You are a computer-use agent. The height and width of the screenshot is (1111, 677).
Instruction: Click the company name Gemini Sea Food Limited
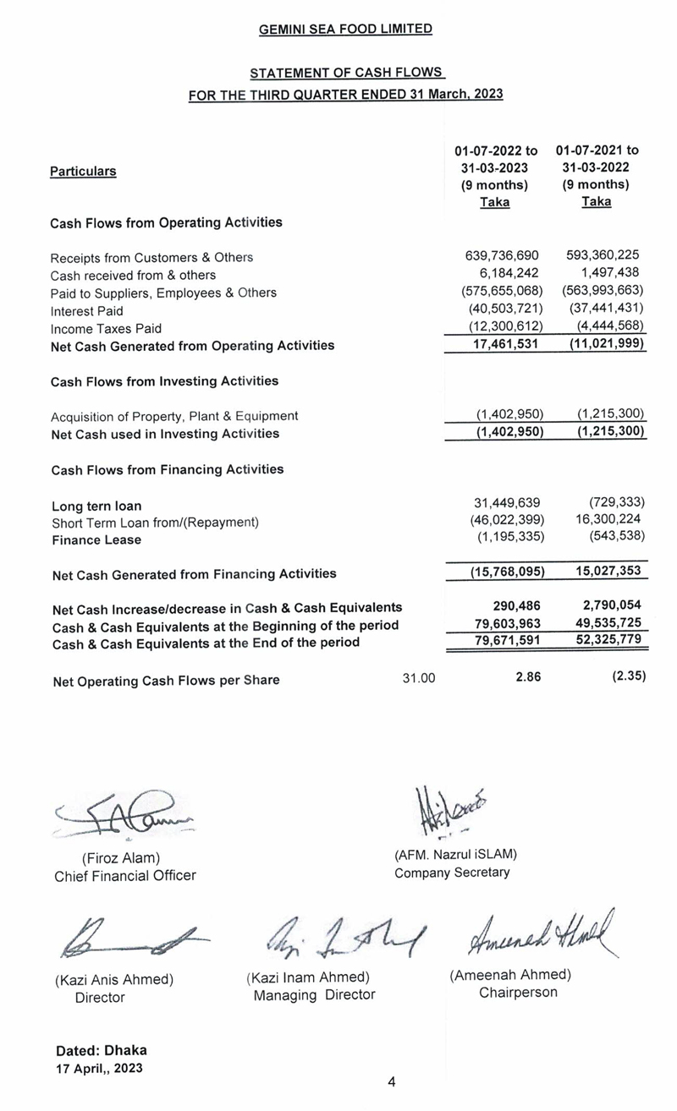point(345,29)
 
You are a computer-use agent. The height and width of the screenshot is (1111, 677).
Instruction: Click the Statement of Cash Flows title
point(347,74)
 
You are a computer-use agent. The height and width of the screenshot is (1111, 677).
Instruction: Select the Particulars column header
point(83,171)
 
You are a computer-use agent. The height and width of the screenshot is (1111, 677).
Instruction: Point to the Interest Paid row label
point(86,310)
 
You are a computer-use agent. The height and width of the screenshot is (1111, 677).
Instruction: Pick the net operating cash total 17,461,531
point(504,345)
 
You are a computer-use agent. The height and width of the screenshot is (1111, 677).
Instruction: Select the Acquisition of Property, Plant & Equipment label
point(174,416)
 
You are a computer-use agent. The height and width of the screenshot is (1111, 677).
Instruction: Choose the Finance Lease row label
point(96,540)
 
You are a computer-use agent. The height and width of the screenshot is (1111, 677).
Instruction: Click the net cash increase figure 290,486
point(517,606)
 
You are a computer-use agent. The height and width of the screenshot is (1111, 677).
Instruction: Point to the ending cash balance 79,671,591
point(504,642)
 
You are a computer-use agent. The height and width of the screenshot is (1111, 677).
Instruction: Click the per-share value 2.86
point(528,678)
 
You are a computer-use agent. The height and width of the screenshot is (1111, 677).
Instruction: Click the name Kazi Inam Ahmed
point(307,977)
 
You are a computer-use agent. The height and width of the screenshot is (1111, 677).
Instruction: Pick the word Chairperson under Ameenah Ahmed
point(518,992)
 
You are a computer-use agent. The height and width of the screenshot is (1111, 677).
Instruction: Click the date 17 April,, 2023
point(99,1068)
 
